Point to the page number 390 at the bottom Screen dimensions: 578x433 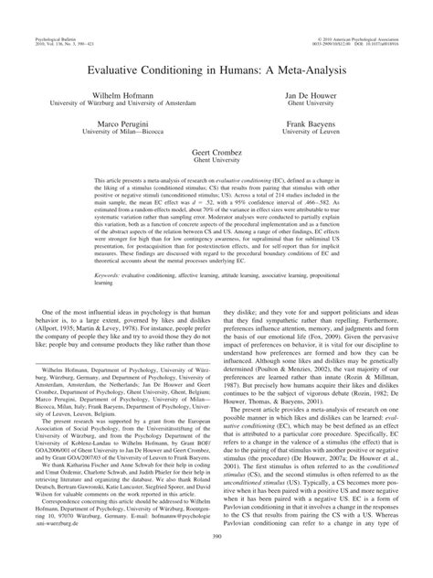pos(216,562)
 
